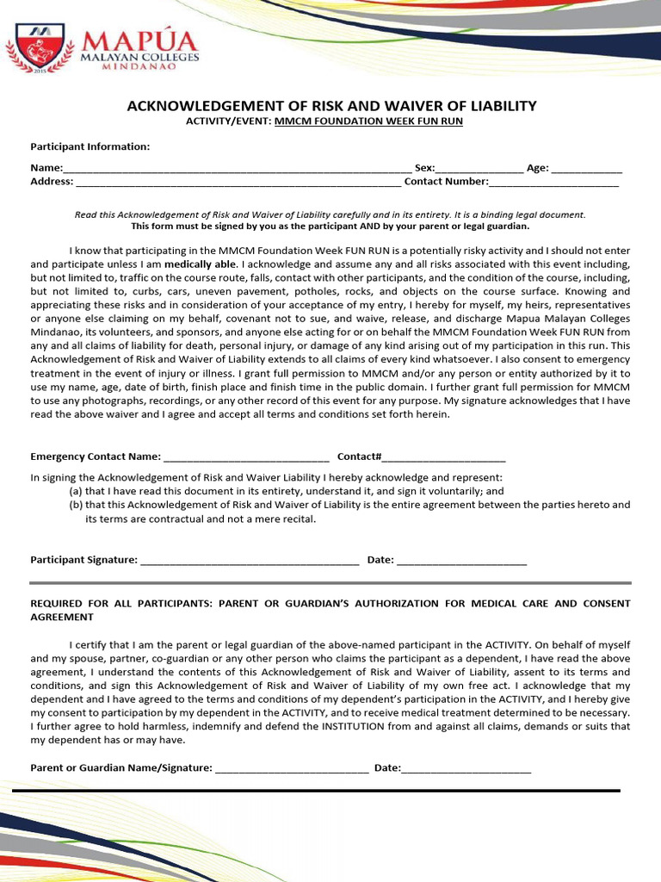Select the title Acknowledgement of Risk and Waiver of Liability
(331, 106)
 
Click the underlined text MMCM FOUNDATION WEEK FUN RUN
(368, 121)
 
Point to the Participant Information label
(90, 146)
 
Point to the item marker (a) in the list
(76, 491)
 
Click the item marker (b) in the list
(76, 505)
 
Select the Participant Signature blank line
(249, 561)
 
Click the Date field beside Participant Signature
(461, 561)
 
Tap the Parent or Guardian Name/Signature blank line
(292, 768)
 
